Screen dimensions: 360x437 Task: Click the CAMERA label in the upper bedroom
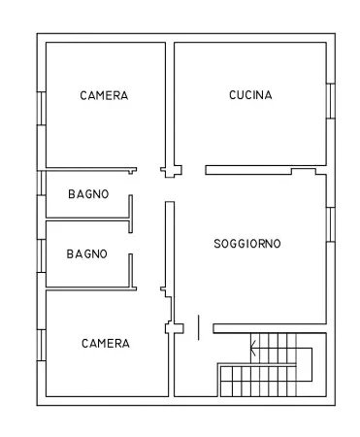coord(104,95)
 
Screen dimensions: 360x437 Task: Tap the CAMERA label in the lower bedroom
coord(106,344)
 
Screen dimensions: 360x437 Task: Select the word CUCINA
coord(250,95)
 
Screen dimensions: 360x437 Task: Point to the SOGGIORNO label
coord(247,244)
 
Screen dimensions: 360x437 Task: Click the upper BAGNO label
coord(88,194)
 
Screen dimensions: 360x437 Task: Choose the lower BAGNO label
coord(86,253)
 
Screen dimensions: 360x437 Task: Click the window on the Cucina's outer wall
coord(331,101)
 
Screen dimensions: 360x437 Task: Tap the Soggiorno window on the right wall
coord(331,224)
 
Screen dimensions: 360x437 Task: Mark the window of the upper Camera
coord(42,109)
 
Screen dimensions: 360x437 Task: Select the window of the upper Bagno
coord(42,183)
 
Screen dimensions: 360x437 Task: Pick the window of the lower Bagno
coord(42,255)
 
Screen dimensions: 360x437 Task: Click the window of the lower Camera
coord(42,345)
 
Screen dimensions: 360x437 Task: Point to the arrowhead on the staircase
coord(253,349)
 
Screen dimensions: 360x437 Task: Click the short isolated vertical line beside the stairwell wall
coord(198,327)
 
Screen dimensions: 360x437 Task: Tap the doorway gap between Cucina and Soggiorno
coord(193,170)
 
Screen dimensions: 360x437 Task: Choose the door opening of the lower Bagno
coord(131,243)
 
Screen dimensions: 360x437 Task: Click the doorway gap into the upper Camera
coord(148,170)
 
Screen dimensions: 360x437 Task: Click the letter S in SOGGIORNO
coord(217,244)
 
